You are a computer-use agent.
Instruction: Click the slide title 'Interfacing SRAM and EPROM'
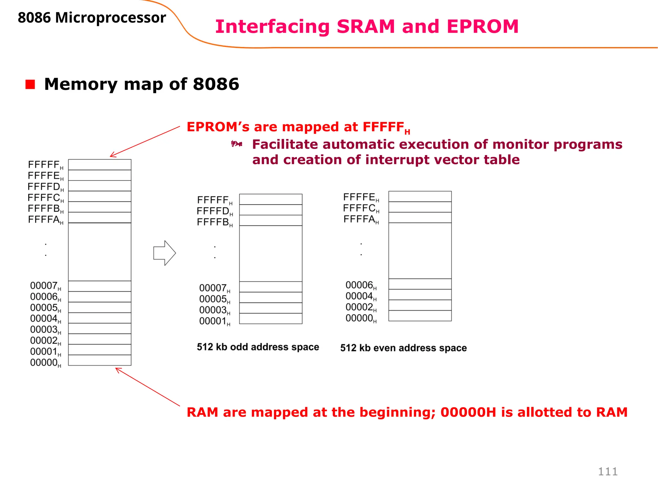pyautogui.click(x=367, y=26)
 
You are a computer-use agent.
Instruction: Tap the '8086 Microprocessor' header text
pyautogui.click(x=92, y=18)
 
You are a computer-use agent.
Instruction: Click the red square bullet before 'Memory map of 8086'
pyautogui.click(x=30, y=84)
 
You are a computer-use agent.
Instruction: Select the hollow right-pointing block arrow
pyautogui.click(x=164, y=253)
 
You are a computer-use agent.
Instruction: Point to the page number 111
pyautogui.click(x=608, y=471)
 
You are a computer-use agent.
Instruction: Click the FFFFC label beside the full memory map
pyautogui.click(x=45, y=198)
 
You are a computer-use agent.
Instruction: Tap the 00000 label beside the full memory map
pyautogui.click(x=45, y=363)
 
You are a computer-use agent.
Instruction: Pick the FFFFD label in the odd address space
pyautogui.click(x=214, y=211)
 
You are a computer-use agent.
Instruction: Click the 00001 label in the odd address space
pyautogui.click(x=214, y=321)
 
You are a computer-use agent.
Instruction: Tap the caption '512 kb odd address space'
pyautogui.click(x=258, y=347)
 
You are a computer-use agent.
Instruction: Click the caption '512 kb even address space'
pyautogui.click(x=403, y=348)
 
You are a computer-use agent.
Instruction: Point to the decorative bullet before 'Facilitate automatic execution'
pyautogui.click(x=236, y=144)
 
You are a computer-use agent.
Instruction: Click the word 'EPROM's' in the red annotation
pyautogui.click(x=218, y=127)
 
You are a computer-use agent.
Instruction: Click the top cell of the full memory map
pyautogui.click(x=100, y=165)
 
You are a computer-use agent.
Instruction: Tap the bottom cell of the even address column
pyautogui.click(x=420, y=316)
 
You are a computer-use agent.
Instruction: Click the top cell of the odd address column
pyautogui.click(x=271, y=199)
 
